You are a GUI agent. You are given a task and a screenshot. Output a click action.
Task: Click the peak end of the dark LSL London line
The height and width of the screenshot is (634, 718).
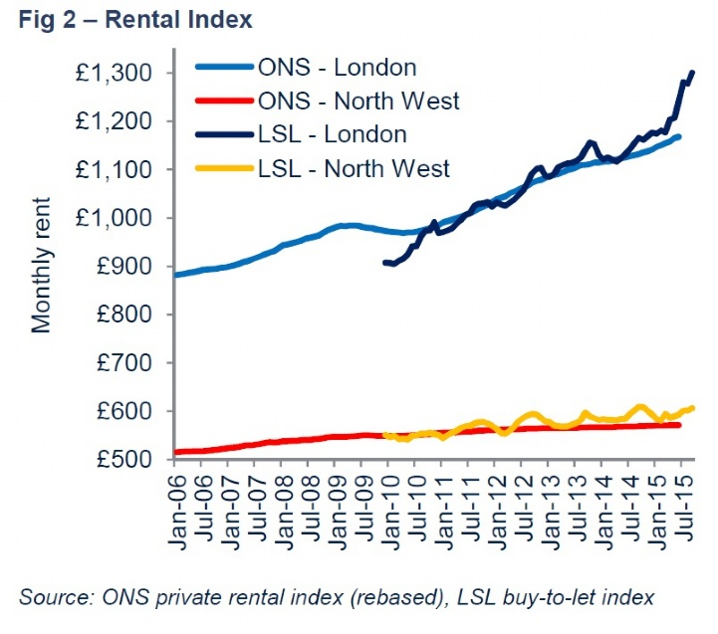point(692,73)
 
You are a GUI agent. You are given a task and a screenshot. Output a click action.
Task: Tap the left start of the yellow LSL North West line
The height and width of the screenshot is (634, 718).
point(384,434)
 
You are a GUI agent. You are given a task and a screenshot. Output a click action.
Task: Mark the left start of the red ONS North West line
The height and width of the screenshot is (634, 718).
point(176,452)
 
